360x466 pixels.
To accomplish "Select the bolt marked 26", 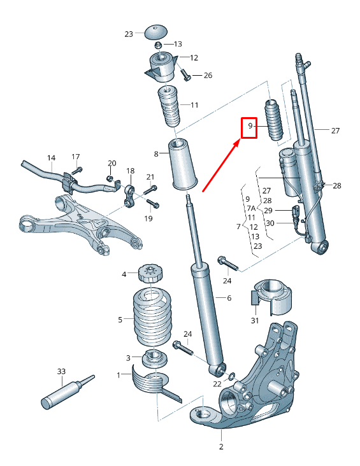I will (186, 76).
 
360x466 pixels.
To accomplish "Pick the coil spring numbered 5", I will (152, 316).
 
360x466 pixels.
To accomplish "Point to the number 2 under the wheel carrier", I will (222, 447).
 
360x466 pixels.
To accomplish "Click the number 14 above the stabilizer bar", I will (52, 157).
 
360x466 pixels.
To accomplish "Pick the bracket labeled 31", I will (271, 297).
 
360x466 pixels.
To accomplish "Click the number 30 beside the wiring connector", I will (270, 223).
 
